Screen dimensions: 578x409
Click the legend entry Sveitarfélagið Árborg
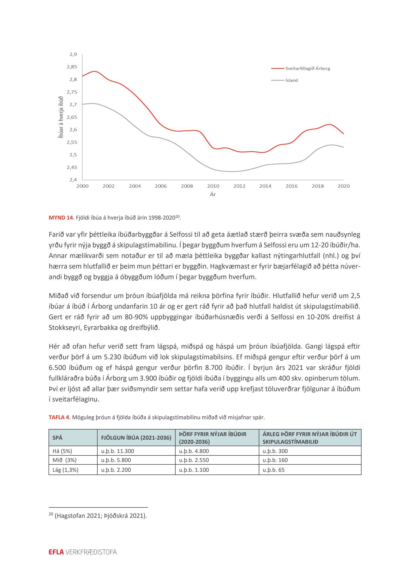coord(307,68)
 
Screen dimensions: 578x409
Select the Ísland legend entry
coord(291,80)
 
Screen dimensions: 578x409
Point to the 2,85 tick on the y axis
coord(72,67)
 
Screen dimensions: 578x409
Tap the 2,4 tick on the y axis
coord(73,180)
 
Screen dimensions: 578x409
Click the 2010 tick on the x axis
coord(213,186)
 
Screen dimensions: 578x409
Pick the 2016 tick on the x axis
coord(291,186)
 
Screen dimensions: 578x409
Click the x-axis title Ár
coord(213,194)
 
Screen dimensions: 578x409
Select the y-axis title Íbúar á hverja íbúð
coord(61,117)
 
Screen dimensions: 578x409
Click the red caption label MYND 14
coord(61,218)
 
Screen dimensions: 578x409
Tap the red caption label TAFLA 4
coord(59,417)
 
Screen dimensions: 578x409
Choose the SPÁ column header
coord(58,438)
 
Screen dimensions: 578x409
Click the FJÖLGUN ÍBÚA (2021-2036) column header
coord(136,438)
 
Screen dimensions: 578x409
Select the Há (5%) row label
coord(62,451)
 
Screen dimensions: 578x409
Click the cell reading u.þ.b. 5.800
coord(116,460)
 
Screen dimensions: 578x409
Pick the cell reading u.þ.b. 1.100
coord(194,470)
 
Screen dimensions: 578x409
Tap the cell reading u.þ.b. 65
coord(273,470)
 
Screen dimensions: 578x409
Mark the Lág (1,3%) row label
coord(65,470)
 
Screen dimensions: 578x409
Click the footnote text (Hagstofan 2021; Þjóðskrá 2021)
coord(101,516)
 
